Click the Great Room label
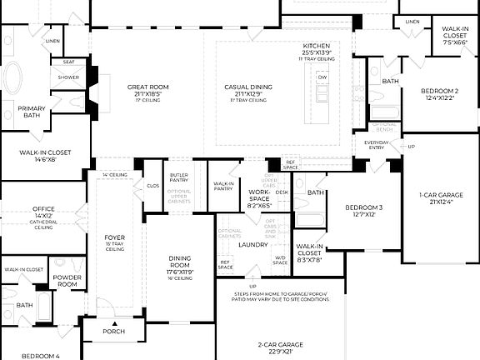(x=148, y=87)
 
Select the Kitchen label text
(x=317, y=46)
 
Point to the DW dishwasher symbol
(x=322, y=77)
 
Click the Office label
(x=43, y=209)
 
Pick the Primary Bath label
(x=32, y=112)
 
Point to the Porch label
(x=113, y=331)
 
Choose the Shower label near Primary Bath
(x=68, y=77)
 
